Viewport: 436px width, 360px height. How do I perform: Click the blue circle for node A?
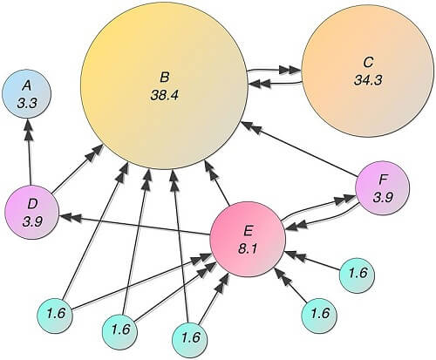26,94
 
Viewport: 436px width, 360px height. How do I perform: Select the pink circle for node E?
248,239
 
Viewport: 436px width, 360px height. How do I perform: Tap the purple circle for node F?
383,188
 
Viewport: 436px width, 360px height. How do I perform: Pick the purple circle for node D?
32,212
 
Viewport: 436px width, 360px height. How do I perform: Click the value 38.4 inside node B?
165,95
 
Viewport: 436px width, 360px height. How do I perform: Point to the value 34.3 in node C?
368,80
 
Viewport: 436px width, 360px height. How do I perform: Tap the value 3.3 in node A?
26,103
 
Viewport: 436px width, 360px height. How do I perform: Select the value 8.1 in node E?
248,249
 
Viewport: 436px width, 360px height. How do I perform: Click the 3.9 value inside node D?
32,222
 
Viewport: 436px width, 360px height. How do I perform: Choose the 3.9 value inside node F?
383,198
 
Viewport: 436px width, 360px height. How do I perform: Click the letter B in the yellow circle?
165,78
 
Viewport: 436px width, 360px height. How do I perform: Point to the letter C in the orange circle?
368,63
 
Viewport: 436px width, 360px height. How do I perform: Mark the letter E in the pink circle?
249,231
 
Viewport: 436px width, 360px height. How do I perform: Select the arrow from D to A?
29,152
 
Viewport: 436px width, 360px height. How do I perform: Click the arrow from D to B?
78,168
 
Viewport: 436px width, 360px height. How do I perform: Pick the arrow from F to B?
300,149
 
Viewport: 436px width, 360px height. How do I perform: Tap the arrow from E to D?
135,224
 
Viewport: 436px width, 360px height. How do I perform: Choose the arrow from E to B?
217,183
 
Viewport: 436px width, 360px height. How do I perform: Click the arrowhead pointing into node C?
291,70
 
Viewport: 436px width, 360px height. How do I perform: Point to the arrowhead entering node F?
345,200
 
